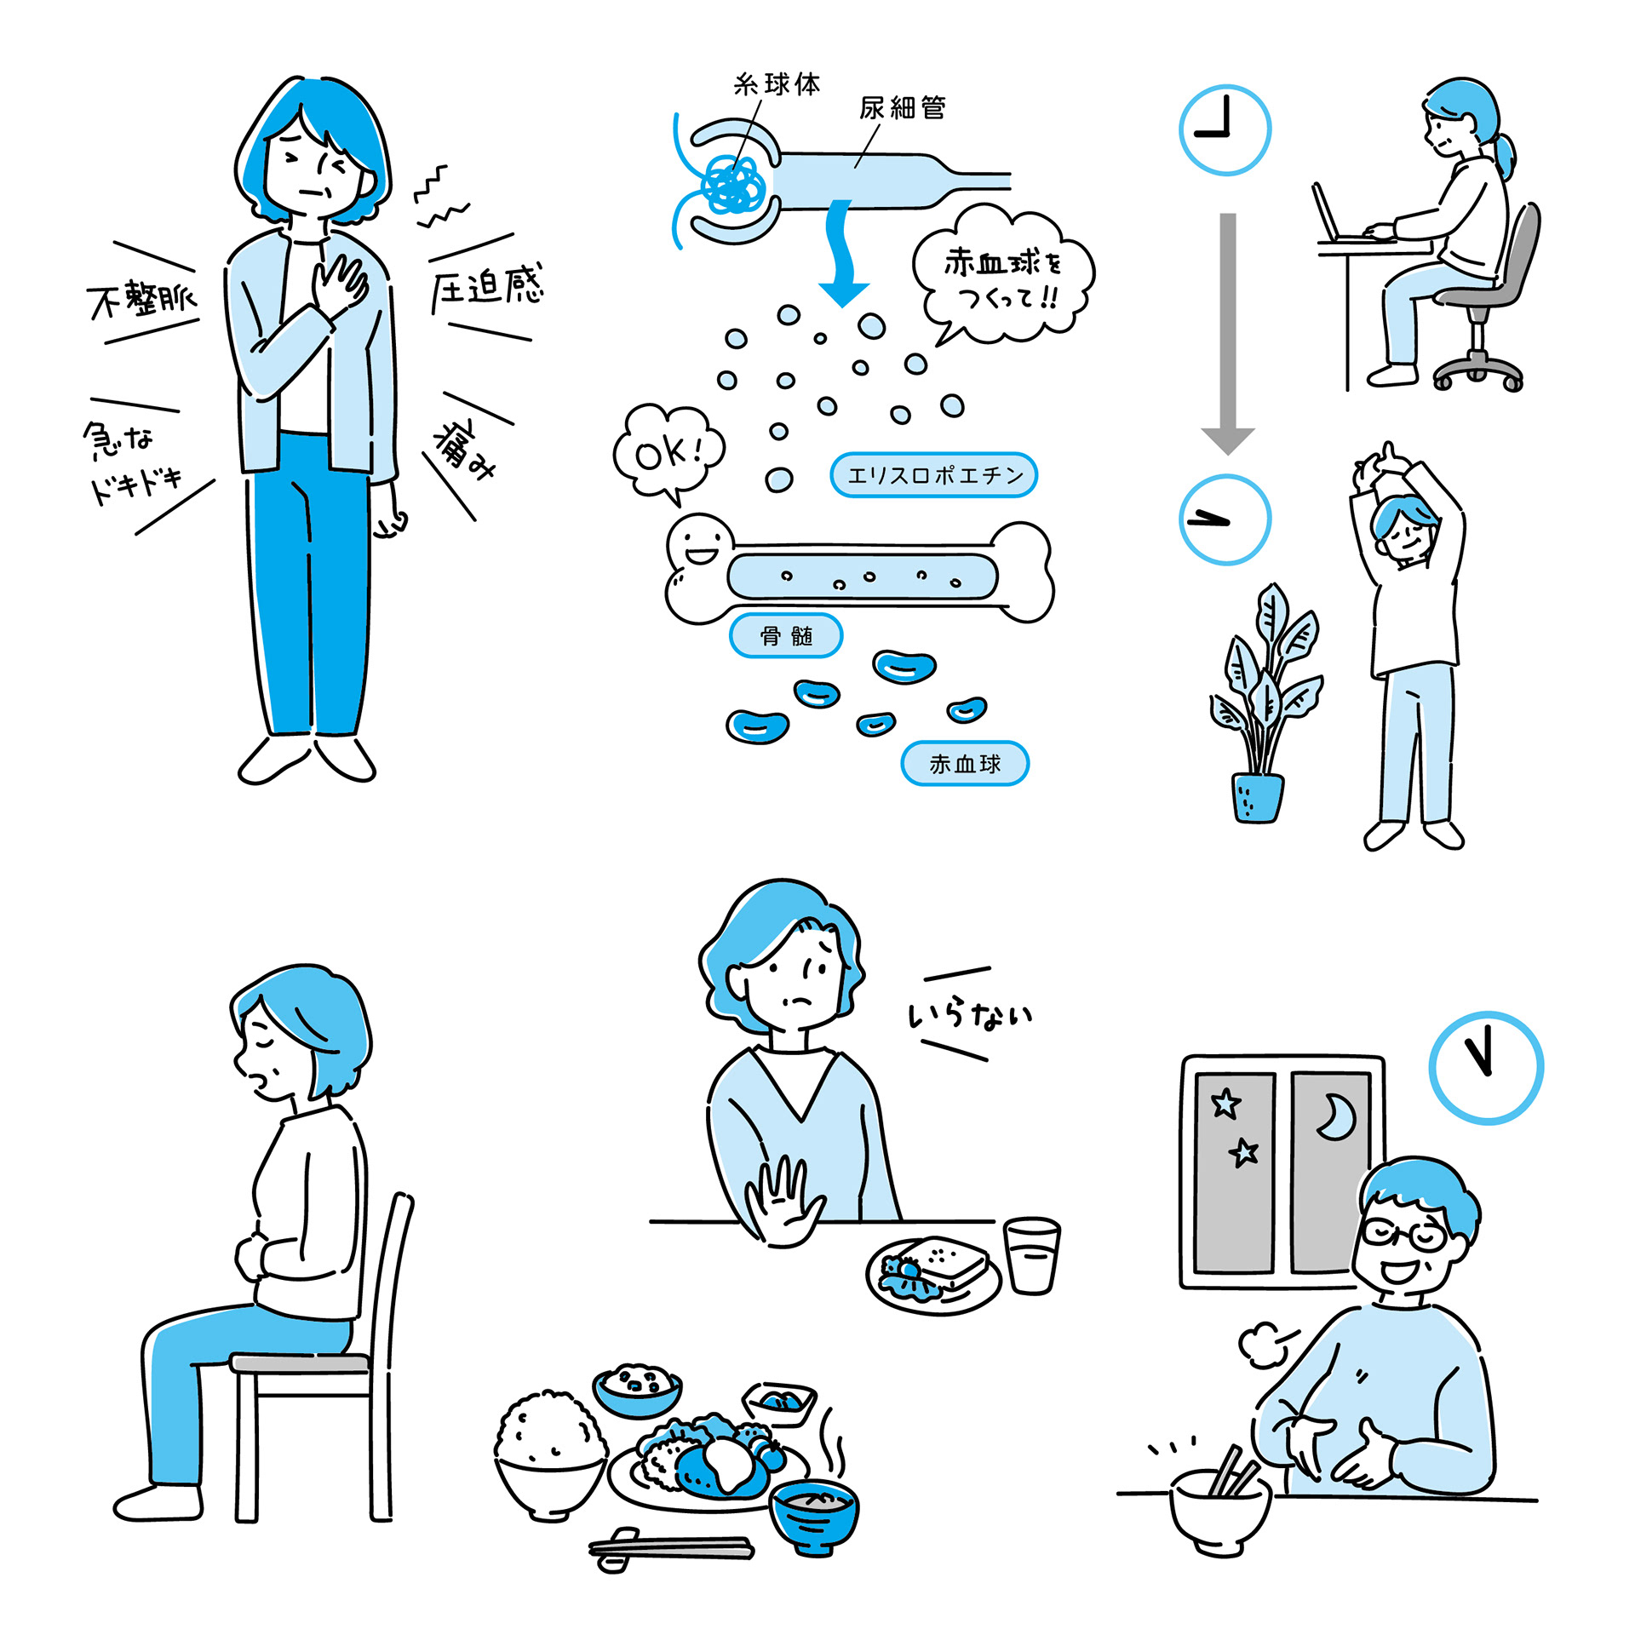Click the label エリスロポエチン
tap(933, 474)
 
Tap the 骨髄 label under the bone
tap(786, 635)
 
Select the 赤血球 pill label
tap(965, 763)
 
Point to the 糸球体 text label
tap(777, 84)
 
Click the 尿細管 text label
tap(902, 108)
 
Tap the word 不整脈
tap(142, 300)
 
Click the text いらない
tap(970, 1014)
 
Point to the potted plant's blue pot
tap(1257, 798)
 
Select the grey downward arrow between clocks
tap(1227, 333)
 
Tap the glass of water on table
tap(1032, 1255)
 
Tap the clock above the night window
tap(1486, 1068)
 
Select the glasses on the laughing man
tap(1403, 1234)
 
